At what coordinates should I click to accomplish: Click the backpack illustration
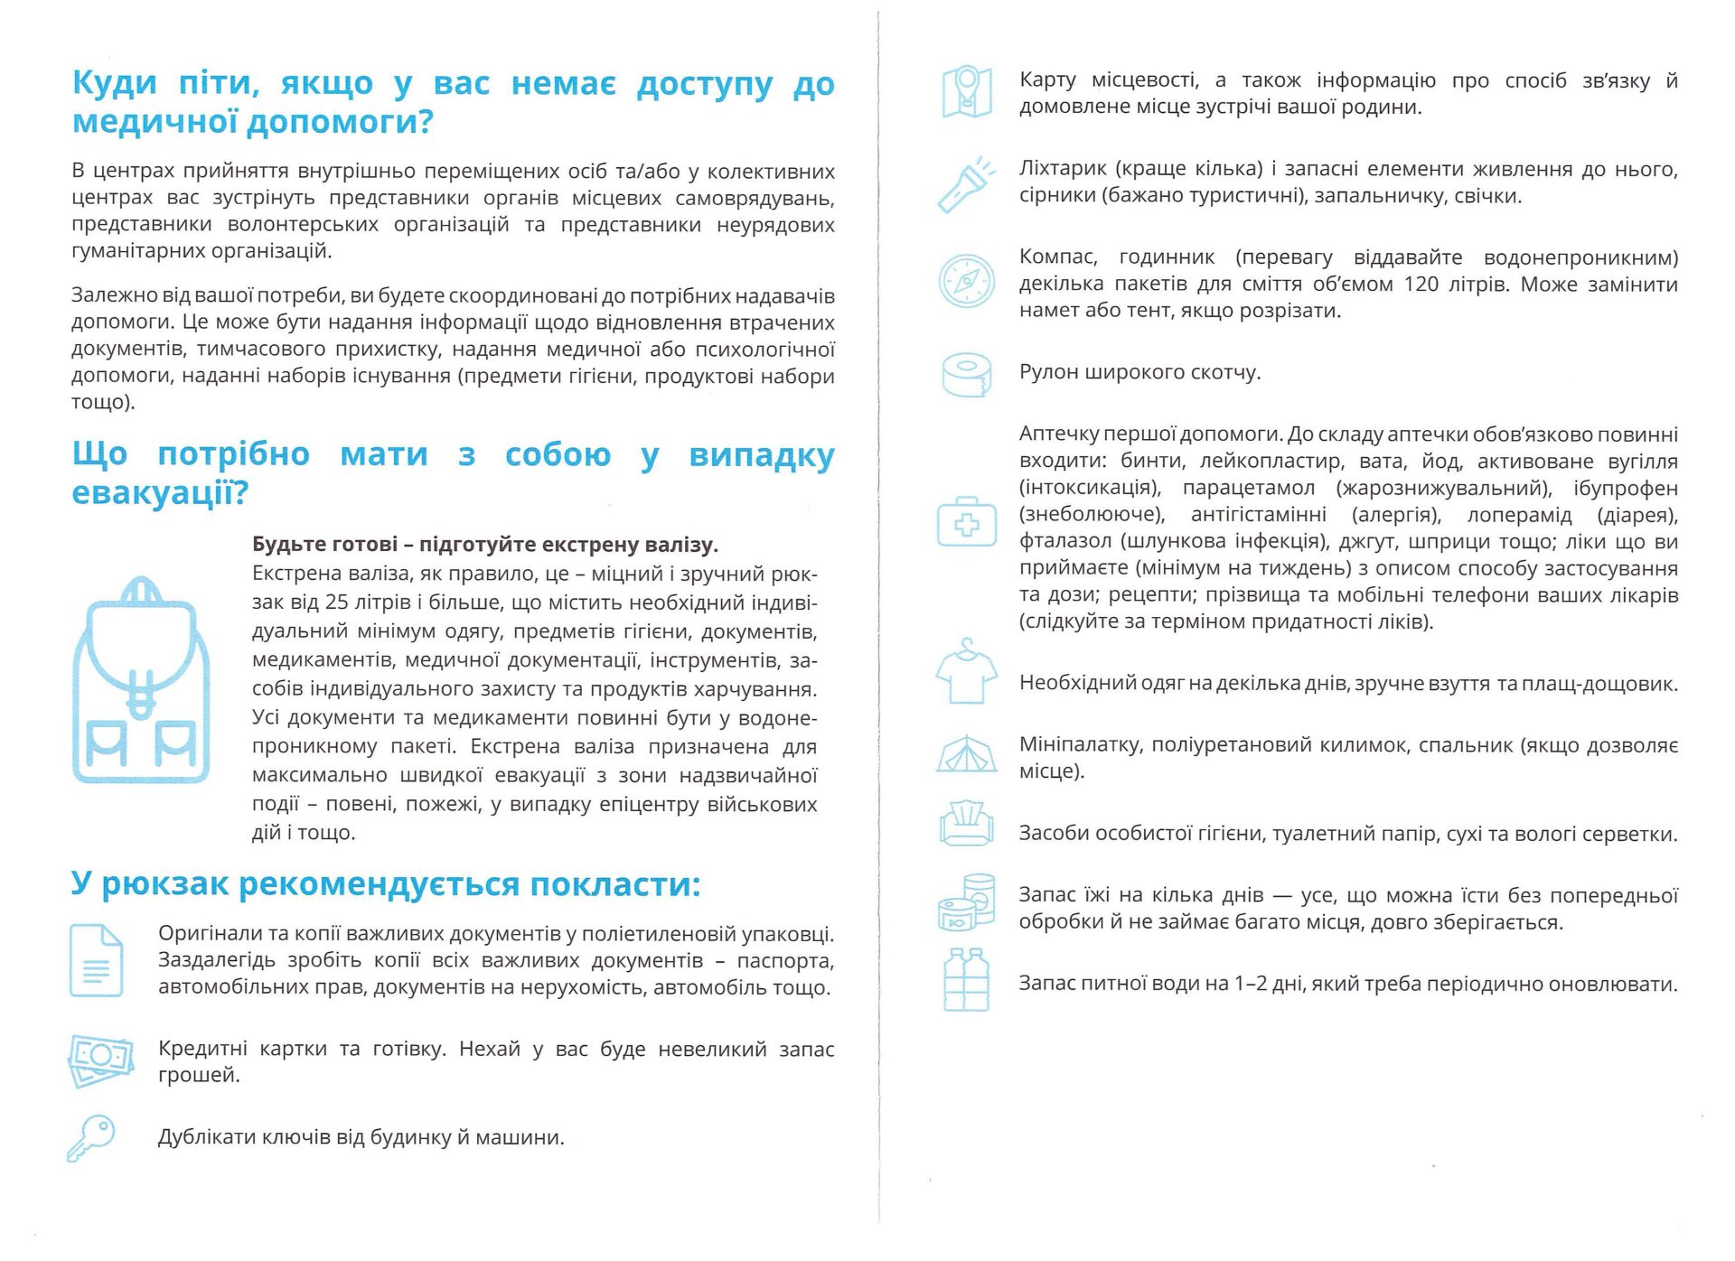(140, 679)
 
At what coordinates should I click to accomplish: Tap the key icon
(91, 1137)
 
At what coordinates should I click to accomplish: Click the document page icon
(96, 960)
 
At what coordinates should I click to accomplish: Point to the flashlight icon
(966, 185)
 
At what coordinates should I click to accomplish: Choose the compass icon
(966, 281)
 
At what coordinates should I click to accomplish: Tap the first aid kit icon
(966, 522)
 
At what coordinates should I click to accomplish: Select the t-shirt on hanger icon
(966, 672)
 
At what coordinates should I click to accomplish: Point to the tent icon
(966, 755)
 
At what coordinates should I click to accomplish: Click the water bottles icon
(966, 980)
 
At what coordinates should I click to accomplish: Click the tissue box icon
(966, 824)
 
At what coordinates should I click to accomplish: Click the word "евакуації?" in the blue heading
(160, 493)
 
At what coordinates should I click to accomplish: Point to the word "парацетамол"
(1249, 489)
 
